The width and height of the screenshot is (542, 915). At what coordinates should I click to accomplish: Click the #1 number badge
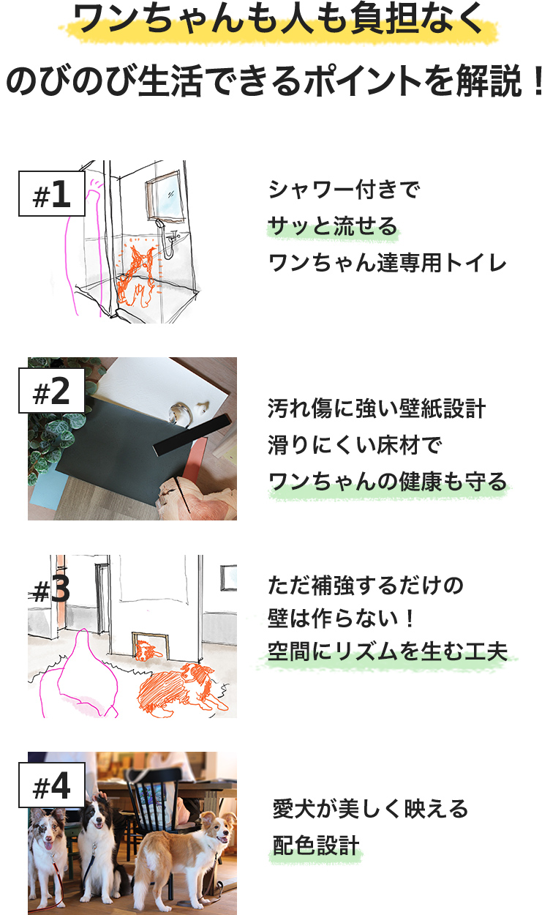pyautogui.click(x=51, y=194)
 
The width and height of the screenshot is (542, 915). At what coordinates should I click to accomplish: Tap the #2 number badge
pyautogui.click(x=51, y=391)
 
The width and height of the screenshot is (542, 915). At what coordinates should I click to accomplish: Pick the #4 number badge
pyautogui.click(x=51, y=785)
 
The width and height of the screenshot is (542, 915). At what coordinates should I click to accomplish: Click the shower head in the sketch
pyautogui.click(x=158, y=223)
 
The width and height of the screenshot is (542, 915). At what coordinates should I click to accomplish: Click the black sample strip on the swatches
pyautogui.click(x=192, y=433)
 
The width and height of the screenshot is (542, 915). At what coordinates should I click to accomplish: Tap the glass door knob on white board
pyautogui.click(x=180, y=414)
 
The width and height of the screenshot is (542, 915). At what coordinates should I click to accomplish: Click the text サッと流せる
pyautogui.click(x=333, y=226)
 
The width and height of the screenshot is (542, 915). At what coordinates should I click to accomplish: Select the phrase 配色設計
pyautogui.click(x=316, y=845)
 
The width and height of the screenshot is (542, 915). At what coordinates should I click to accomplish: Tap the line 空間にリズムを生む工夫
pyautogui.click(x=388, y=651)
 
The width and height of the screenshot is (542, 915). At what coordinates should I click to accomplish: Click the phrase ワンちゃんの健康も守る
pyautogui.click(x=388, y=481)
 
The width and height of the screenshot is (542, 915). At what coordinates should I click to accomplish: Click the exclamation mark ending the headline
pyautogui.click(x=537, y=80)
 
